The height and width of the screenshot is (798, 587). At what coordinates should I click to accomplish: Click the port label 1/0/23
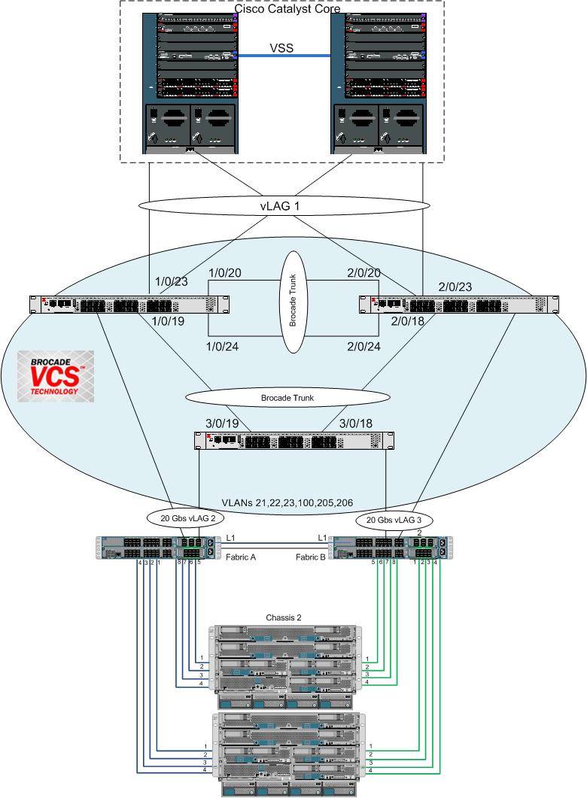point(172,283)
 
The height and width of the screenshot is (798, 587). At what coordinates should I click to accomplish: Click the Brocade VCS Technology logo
point(56,374)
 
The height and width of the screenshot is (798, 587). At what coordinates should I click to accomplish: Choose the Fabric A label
point(242,557)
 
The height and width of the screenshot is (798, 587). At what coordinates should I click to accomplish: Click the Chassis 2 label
point(284,617)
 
